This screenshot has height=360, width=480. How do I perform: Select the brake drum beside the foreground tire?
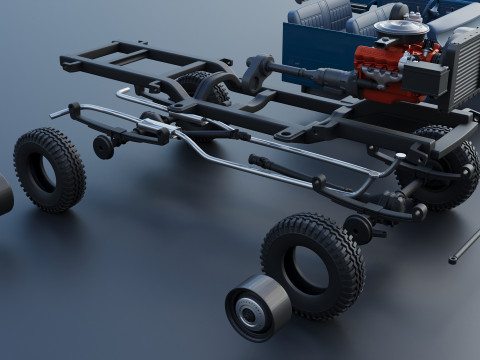(x=258, y=308)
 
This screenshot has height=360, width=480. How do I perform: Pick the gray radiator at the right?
(x=462, y=64)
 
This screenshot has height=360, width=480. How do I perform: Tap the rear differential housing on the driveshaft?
(x=258, y=71)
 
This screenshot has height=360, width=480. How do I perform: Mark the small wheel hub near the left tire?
(x=104, y=147)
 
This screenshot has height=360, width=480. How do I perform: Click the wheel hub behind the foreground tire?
(x=358, y=228)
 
